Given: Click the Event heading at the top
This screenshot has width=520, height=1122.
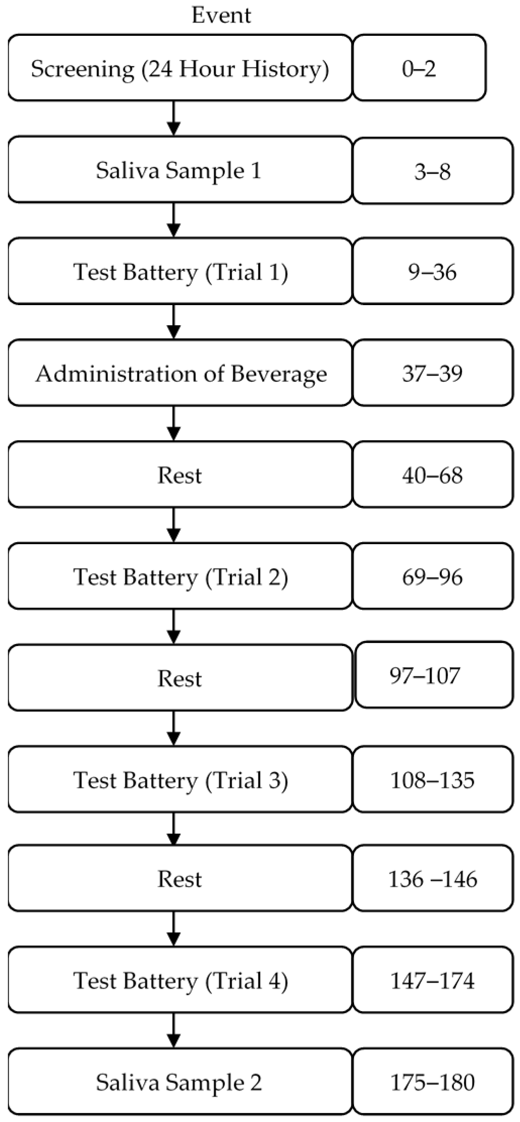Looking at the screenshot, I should coord(221,15).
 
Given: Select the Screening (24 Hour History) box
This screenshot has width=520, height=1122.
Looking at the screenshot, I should coord(180,68).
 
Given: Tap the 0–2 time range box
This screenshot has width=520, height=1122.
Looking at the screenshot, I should coord(419,68).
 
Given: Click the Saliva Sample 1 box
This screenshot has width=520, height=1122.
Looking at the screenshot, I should coord(180,170).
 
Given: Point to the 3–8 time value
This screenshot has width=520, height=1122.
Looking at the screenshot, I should coord(432,171).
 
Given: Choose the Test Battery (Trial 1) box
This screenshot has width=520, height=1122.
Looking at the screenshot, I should coord(180,272).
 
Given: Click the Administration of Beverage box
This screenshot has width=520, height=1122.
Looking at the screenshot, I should coord(180,374).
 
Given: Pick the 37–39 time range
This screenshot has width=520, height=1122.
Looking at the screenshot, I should coord(432,374).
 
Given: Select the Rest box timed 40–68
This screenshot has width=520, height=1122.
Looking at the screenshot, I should coord(180,475).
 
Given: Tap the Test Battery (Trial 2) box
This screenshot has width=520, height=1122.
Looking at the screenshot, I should coord(180,577).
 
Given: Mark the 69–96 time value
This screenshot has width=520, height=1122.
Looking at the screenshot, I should coord(432,577).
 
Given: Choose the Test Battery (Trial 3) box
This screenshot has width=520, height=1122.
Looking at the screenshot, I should coord(180,780).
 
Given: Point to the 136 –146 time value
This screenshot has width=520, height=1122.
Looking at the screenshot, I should coord(432,879).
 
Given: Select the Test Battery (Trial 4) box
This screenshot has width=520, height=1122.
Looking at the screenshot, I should coord(180,981).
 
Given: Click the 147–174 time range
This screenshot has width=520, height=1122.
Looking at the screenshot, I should coord(432,981).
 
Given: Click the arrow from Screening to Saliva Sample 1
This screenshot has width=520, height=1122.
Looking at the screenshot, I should coord(174,119).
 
